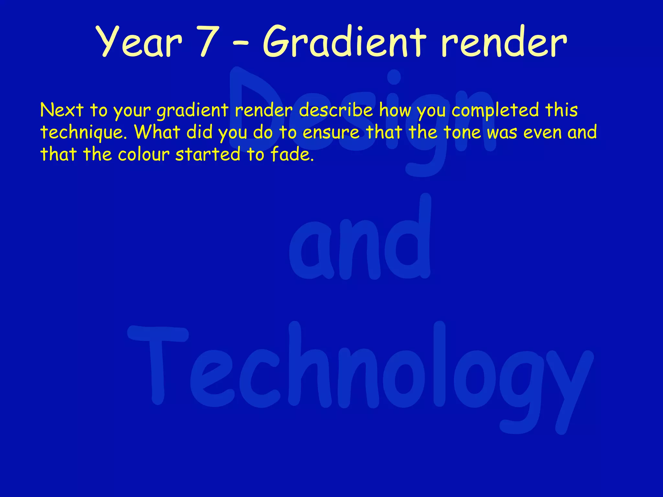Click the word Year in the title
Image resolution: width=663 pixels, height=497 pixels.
pos(140,42)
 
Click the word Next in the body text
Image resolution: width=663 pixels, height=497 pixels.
pos(62,110)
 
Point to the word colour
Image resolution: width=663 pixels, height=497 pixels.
pos(144,154)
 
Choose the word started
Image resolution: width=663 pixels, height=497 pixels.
pos(208,154)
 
